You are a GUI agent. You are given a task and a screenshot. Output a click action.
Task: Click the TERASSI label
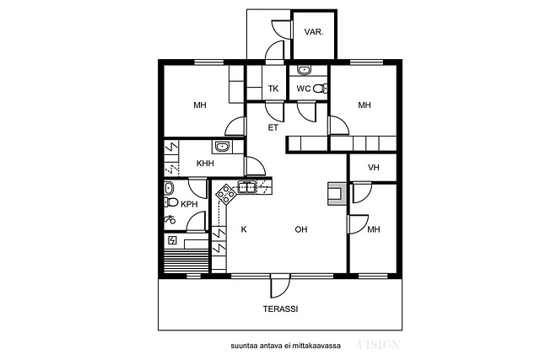[x=280, y=309]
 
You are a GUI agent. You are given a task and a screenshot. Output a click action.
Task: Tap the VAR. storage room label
[x=314, y=32]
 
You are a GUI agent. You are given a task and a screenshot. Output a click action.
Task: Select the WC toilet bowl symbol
[x=321, y=89]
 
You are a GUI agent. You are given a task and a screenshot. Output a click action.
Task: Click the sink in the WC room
[x=304, y=70]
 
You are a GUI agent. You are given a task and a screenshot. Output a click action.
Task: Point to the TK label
[x=273, y=89]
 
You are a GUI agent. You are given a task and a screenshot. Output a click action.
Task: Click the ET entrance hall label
[x=273, y=127]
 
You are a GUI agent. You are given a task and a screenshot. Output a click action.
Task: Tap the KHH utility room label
[x=205, y=163]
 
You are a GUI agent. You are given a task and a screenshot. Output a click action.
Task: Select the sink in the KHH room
[x=223, y=147]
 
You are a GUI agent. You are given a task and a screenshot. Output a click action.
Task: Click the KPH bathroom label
[x=189, y=204]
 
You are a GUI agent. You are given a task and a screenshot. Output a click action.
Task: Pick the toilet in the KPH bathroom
[x=170, y=202]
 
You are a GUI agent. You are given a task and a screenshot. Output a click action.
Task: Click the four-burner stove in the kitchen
[x=225, y=194]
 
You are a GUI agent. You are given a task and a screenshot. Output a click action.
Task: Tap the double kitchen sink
[x=247, y=187]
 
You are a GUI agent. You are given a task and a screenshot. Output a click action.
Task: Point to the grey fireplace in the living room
[x=337, y=194]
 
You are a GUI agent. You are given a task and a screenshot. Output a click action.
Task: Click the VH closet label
[x=373, y=168]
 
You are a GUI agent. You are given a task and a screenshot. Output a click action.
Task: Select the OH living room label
[x=301, y=229]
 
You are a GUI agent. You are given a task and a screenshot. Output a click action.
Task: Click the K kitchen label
[x=244, y=229]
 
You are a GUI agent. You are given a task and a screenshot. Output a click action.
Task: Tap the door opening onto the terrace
[x=280, y=287]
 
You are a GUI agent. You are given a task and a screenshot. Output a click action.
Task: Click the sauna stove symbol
[x=172, y=240]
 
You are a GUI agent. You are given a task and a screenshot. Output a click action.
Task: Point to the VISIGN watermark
[x=379, y=345]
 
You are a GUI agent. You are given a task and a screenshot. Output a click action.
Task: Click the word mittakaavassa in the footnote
[x=316, y=346]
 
